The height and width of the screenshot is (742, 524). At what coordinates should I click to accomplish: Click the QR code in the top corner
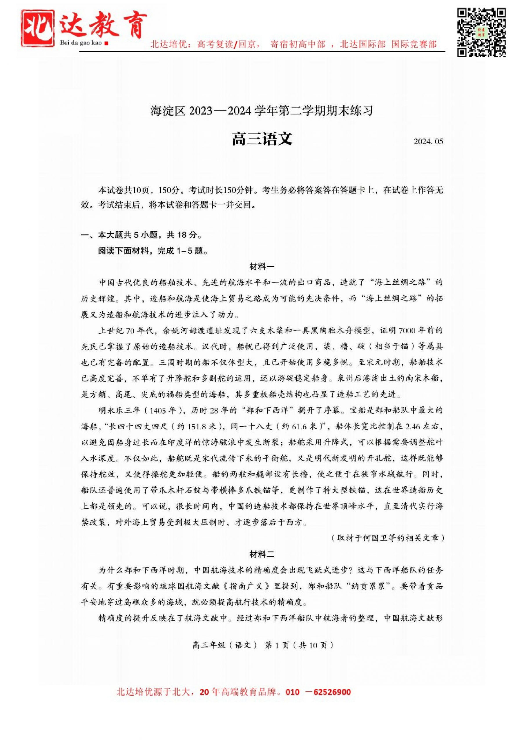tap(481, 33)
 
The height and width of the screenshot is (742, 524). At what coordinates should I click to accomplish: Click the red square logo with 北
tap(38, 28)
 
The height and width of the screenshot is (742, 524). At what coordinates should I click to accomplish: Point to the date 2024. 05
tap(428, 141)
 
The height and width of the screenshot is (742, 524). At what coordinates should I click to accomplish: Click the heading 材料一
tap(262, 267)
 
